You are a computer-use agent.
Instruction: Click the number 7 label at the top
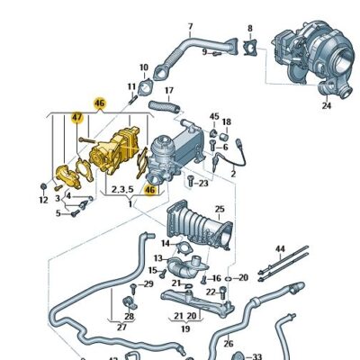coord(190,27)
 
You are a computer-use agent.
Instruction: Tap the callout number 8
coord(249,29)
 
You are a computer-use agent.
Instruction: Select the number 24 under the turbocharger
coord(327,105)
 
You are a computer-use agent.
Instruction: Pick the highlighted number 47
coord(76,117)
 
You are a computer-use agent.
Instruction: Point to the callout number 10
coord(144,67)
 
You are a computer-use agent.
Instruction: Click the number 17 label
coord(168,91)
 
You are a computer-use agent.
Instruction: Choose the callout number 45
coord(214,116)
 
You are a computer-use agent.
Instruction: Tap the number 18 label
coord(226,121)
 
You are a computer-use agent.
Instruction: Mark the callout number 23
coord(202,183)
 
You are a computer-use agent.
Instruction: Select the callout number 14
coord(166,243)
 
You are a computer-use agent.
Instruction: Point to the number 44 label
coord(280,248)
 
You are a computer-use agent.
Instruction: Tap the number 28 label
coord(129,317)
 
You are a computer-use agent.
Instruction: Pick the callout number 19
coord(184,328)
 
